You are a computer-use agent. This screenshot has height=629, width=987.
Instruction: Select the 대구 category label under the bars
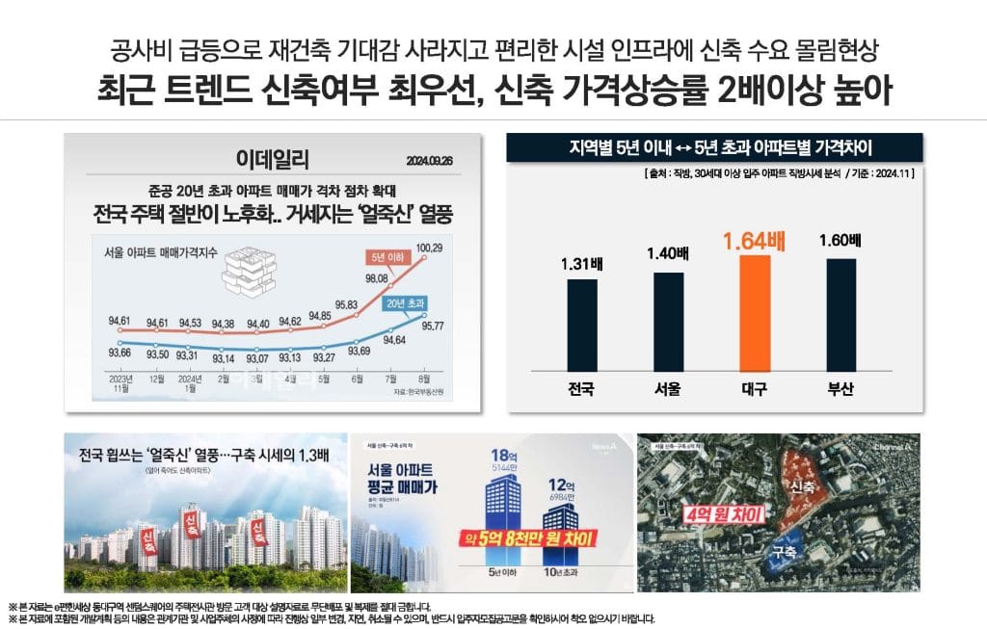pyautogui.click(x=743, y=390)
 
